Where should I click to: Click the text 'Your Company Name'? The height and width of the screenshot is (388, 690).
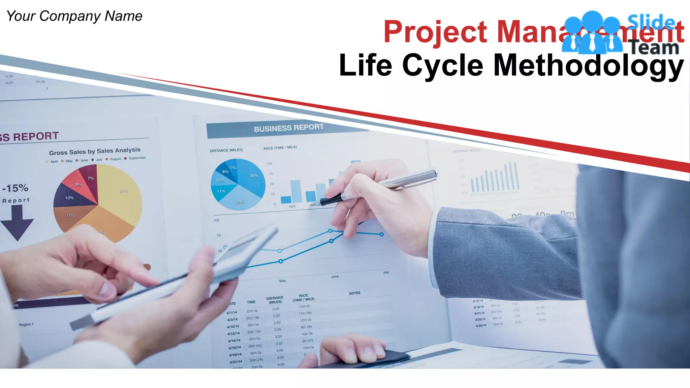74,16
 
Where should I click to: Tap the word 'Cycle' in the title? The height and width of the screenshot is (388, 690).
443,66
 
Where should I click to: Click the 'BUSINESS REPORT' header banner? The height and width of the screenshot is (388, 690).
288,128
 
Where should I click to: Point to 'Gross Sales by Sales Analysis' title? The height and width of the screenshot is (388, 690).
95,151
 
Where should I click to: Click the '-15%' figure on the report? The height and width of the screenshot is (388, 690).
15,188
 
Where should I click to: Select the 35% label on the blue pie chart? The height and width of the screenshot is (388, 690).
253,176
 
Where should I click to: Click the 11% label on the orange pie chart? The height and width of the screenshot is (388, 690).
70,216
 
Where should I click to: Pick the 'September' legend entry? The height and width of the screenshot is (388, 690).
137,158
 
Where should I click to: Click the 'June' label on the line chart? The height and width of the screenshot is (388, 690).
335,277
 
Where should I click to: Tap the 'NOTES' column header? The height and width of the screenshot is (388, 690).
354,293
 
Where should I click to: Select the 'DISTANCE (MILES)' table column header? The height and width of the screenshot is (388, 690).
275,300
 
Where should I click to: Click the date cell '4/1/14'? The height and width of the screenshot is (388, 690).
232,313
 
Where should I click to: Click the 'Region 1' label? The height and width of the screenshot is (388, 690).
26,325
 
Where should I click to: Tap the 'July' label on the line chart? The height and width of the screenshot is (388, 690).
386,272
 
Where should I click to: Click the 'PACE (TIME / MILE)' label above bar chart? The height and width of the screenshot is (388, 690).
280,148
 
